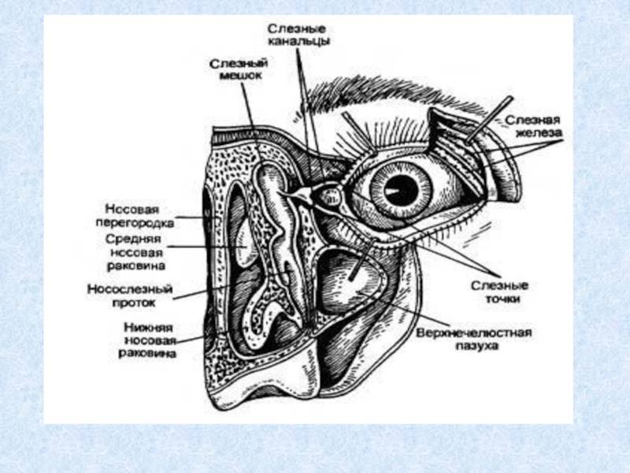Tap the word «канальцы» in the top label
click(298, 40)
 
